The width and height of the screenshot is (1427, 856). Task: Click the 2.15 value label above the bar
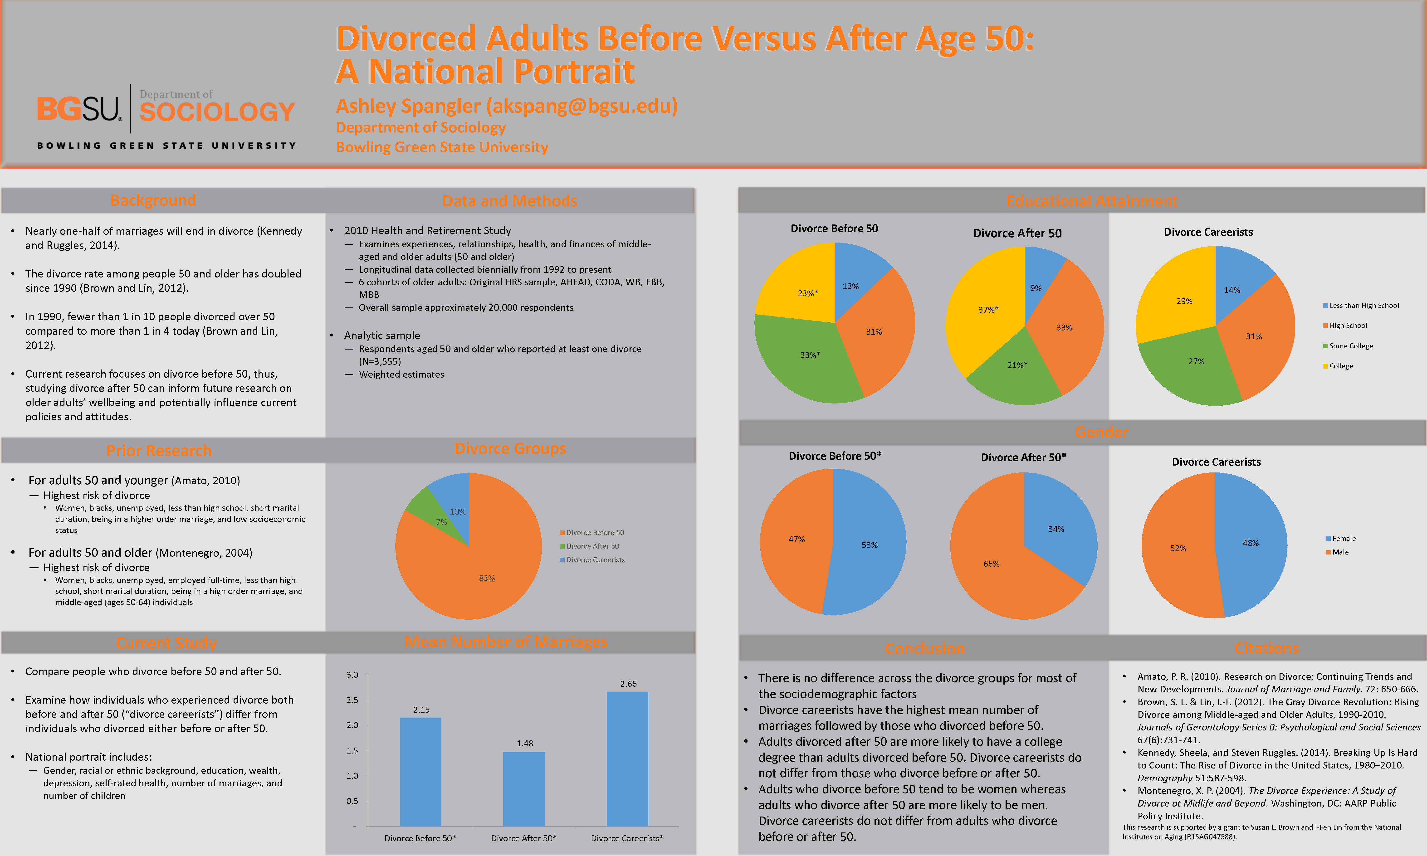(x=421, y=710)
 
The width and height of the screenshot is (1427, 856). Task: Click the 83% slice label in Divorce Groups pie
(x=487, y=578)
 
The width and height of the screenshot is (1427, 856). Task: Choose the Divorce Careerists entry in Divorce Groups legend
(x=595, y=559)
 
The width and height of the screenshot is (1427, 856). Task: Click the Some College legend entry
(x=1350, y=345)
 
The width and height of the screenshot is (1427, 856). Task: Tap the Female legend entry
(x=1343, y=538)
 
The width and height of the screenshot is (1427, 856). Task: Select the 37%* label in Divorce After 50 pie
(x=988, y=310)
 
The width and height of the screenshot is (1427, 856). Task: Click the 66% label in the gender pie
(x=991, y=564)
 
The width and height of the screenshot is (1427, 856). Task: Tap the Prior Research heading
(x=159, y=451)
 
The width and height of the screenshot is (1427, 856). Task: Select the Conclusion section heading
(x=925, y=648)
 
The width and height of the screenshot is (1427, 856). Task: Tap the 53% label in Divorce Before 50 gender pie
(x=869, y=545)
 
